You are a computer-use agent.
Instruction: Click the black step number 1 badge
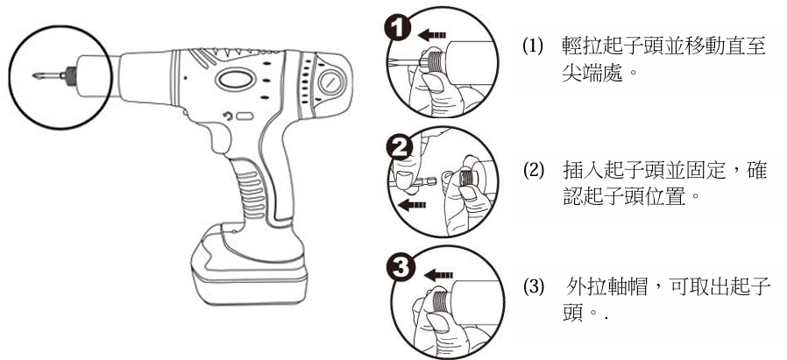click(395, 27)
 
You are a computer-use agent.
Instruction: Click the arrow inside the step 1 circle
click(429, 36)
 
